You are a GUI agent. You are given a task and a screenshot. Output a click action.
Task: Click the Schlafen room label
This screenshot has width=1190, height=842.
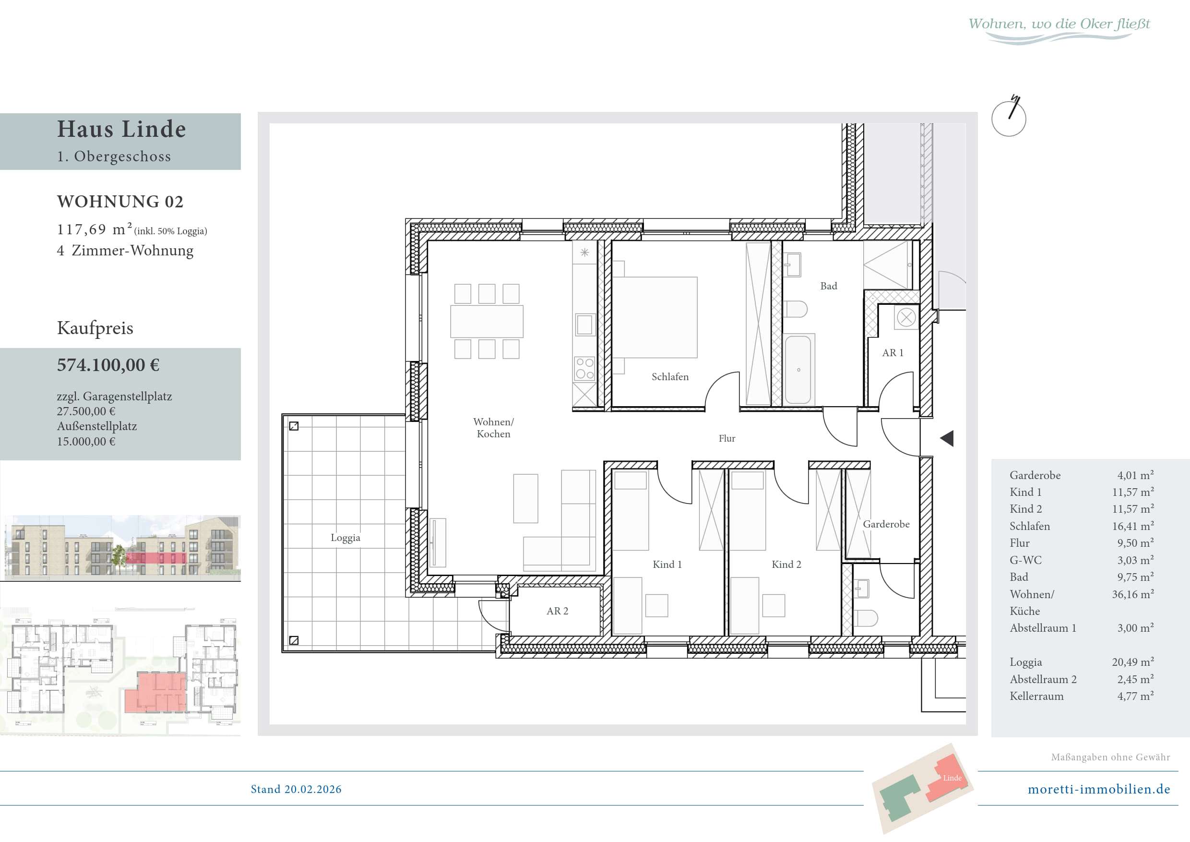(670, 377)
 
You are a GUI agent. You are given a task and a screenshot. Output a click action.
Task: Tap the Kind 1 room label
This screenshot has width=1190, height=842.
(667, 565)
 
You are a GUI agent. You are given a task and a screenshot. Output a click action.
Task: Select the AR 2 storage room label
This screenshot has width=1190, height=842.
(557, 611)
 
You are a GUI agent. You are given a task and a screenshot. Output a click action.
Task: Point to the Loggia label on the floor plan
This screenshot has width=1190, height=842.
(345, 538)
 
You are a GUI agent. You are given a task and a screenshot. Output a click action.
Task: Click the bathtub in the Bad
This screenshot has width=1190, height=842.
(798, 369)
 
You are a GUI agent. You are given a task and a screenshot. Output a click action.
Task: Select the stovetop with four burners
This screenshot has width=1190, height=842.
(584, 368)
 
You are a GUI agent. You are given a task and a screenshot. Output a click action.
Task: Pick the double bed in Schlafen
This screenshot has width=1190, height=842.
(655, 317)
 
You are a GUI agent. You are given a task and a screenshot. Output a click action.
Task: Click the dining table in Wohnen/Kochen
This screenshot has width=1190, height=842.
(487, 322)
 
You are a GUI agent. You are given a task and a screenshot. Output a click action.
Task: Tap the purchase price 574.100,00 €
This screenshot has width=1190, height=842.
(108, 365)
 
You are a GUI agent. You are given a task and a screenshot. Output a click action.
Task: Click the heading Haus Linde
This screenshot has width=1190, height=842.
(121, 129)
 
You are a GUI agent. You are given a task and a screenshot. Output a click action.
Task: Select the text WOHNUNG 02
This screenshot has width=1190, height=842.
(120, 202)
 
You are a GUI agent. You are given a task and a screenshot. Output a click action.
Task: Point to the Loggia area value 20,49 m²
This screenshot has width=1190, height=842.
(1132, 662)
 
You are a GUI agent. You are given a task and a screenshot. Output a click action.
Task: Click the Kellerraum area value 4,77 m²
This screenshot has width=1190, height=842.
(1135, 697)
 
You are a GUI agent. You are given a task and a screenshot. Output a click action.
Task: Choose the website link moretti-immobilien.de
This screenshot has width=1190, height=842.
(1099, 789)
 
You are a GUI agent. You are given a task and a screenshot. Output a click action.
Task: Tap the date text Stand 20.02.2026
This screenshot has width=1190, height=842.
(296, 789)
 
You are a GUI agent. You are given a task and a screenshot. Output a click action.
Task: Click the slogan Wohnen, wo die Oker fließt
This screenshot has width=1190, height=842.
(1059, 24)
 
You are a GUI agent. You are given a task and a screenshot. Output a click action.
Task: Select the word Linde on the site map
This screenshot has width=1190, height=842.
(952, 778)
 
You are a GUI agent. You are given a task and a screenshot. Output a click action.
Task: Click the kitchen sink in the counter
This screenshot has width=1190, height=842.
(584, 325)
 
